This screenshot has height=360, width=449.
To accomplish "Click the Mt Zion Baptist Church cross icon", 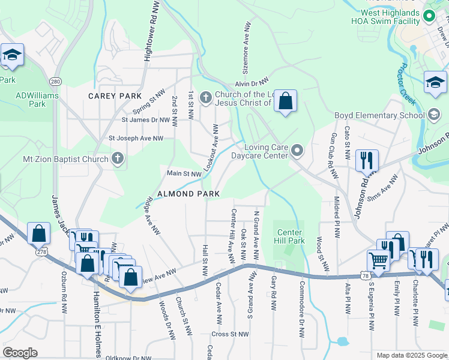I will (x=118, y=159).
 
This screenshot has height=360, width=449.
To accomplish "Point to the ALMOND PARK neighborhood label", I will (x=188, y=194).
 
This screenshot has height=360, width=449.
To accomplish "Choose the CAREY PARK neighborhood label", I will (x=115, y=96).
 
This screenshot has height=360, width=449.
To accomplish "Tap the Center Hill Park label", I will (x=289, y=236).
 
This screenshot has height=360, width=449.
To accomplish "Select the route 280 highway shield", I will (x=55, y=81).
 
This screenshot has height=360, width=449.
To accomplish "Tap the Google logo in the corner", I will (x=20, y=353).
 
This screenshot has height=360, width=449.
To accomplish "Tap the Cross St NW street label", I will (x=230, y=334).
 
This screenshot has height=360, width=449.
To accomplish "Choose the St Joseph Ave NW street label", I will (x=136, y=138).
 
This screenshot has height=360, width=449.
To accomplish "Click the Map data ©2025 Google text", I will (x=411, y=355).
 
